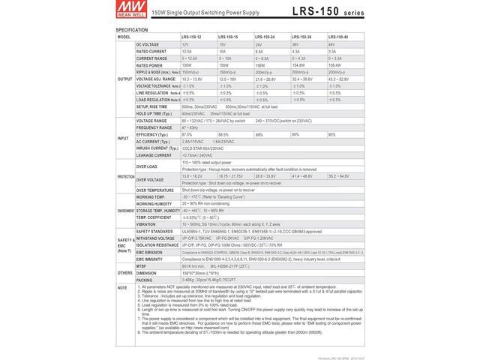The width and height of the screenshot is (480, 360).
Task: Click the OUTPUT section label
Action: tap(124, 78)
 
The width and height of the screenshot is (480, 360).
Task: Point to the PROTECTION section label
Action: tap(124, 176)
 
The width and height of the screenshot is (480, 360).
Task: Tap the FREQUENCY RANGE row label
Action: tap(154, 127)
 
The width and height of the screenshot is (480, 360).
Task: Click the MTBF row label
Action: tap(143, 265)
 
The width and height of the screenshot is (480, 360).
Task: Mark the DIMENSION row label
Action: tap(148, 272)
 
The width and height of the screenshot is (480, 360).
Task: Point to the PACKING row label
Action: tap(146, 280)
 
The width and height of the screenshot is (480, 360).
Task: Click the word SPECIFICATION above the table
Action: tap(132, 29)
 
